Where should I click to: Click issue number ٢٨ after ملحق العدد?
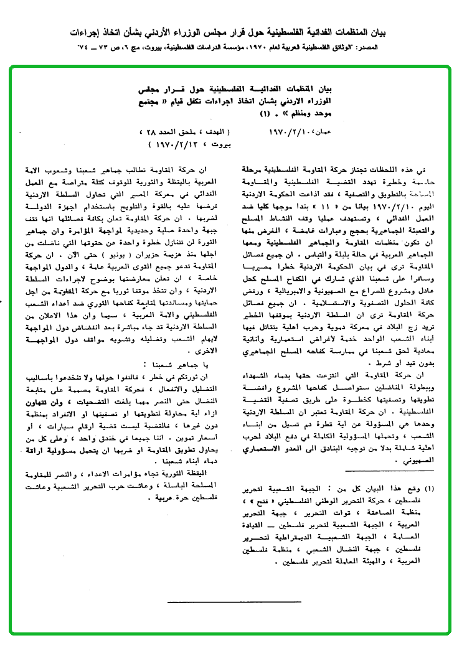(x=149, y=133)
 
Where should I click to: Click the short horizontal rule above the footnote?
(x=270, y=601)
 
